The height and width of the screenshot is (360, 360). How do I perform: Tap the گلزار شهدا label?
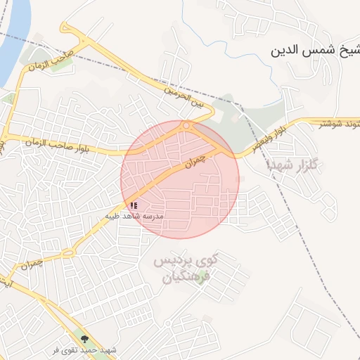293,165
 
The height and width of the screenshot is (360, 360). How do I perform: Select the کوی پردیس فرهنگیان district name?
186,269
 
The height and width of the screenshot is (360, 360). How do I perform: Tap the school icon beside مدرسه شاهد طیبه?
134,205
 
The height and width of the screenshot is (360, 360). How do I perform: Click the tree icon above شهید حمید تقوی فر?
86,339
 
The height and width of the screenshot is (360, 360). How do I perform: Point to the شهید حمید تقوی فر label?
88,349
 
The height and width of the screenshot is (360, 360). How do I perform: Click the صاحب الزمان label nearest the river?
50,61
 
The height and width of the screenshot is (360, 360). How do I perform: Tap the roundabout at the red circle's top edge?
186,126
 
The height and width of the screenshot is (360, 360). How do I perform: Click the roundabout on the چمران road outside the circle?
69,252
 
